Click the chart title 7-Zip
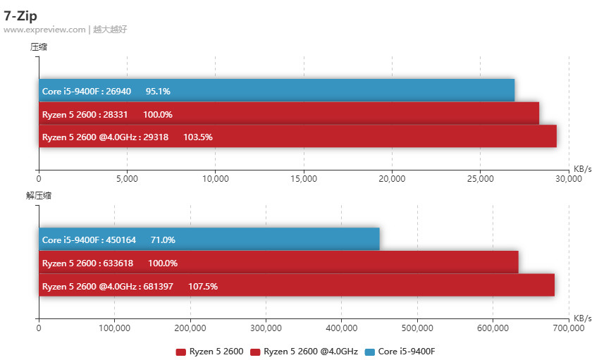click(20, 15)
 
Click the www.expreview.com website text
click(44, 30)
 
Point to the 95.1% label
click(158, 91)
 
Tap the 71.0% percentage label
click(163, 240)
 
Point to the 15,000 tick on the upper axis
click(303, 179)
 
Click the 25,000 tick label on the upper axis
click(480, 179)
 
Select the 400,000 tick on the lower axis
click(341, 328)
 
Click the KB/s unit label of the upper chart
click(582, 169)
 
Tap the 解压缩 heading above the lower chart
click(39, 196)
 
